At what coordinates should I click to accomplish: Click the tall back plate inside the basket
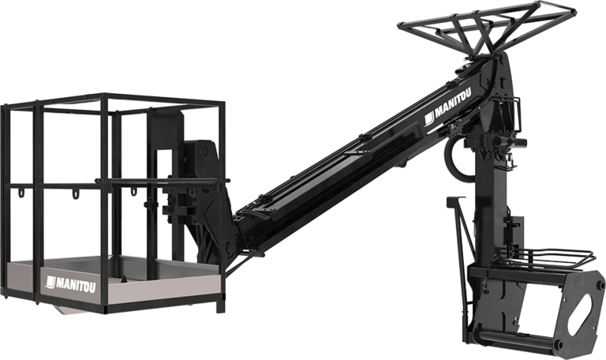(166, 182)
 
